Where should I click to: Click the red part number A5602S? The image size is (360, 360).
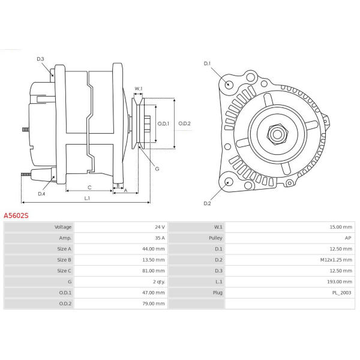pos(16,215)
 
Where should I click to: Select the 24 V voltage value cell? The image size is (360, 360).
pos(159,227)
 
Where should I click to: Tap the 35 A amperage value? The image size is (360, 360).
pos(159,238)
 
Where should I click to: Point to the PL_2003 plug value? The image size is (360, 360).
pos(341,292)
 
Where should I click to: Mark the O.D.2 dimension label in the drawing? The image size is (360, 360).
pos(184,124)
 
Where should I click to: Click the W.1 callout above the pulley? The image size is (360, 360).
pos(139,89)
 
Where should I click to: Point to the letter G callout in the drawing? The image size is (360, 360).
pos(157,169)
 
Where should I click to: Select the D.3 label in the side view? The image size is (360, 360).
pos(40,59)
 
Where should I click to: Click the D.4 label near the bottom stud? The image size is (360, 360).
pos(41,194)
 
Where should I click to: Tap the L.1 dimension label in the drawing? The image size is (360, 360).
pos(87,198)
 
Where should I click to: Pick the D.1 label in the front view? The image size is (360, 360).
pos(207,63)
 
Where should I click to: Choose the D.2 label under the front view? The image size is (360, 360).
pos(207,203)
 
